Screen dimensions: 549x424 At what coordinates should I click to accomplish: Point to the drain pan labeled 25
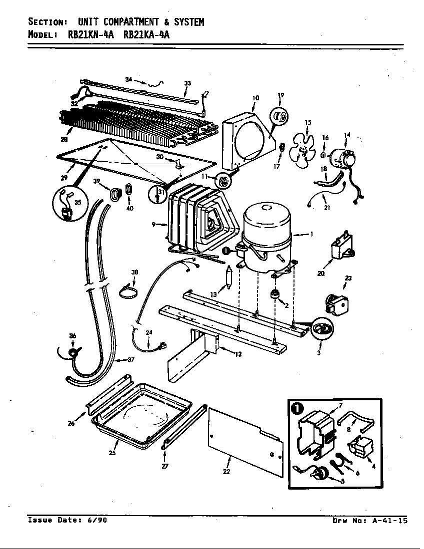coord(141,413)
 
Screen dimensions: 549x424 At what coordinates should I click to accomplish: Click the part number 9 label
coord(154,225)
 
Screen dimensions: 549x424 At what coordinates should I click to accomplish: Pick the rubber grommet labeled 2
coord(274,294)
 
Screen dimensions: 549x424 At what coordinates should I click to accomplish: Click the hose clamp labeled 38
coord(128,291)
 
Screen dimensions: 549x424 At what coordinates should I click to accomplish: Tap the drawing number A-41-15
coord(388,521)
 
